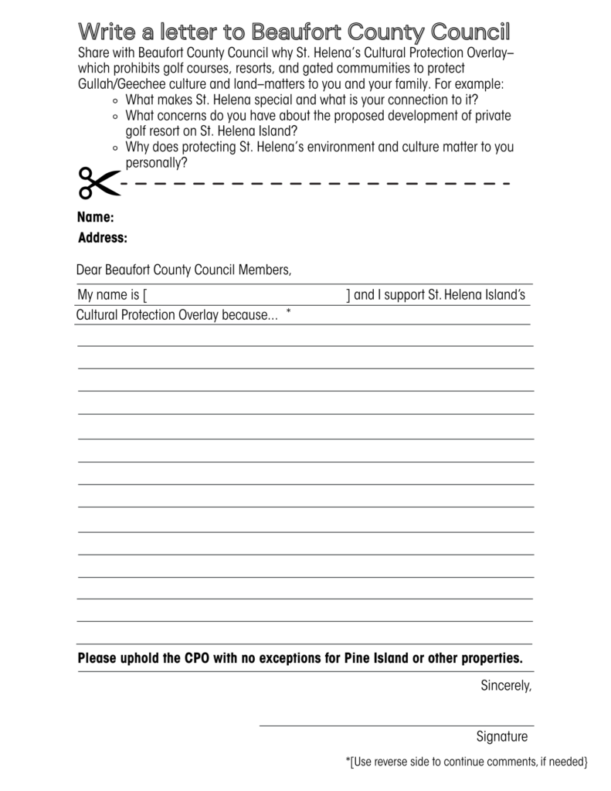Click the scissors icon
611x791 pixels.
point(98,183)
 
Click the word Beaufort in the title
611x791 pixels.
point(296,32)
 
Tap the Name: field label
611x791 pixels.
point(96,218)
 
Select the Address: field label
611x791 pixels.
point(103,238)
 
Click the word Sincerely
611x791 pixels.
point(506,685)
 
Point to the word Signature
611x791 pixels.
point(502,736)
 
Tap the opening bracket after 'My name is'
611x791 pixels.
point(145,295)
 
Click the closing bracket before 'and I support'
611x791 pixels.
point(348,295)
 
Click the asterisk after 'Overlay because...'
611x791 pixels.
point(288,311)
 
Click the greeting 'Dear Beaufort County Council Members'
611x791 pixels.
point(184,270)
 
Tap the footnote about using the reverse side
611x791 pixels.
point(467,762)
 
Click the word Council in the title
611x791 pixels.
point(471,32)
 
